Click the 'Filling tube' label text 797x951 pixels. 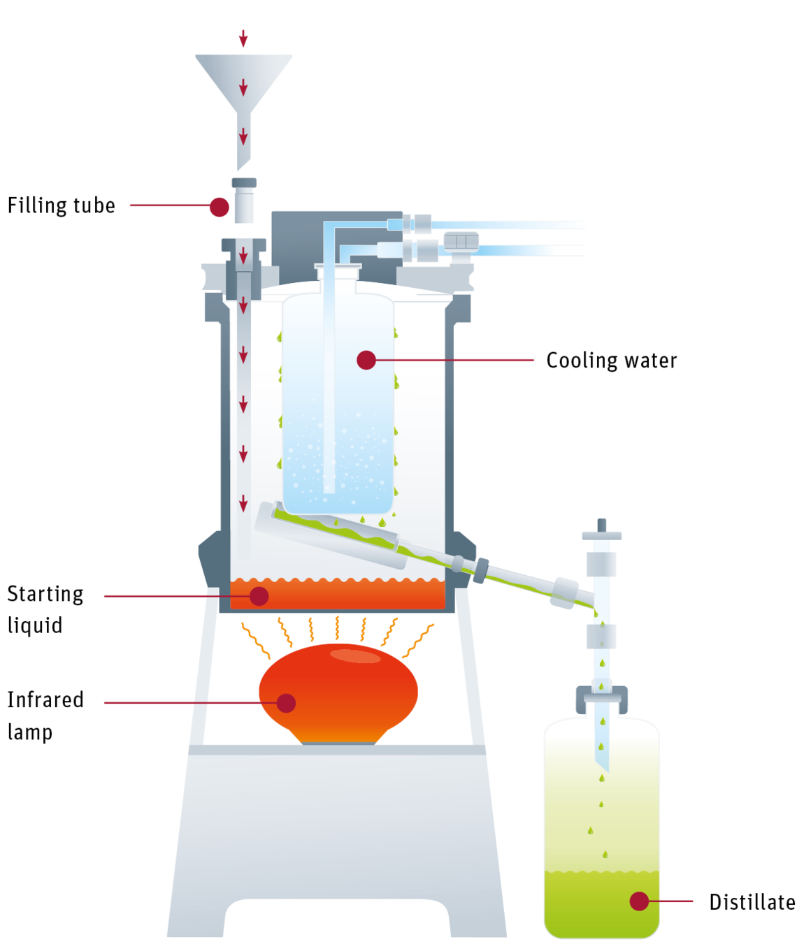tap(62, 205)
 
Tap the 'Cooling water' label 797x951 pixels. tap(612, 361)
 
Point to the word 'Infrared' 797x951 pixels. tap(45, 699)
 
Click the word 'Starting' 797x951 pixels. tap(45, 595)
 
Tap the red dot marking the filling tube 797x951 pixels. tap(220, 208)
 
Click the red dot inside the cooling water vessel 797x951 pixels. tap(366, 361)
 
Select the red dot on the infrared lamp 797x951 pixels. tap(286, 703)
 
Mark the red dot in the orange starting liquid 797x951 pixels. tap(259, 596)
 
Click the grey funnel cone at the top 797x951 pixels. tap(244, 84)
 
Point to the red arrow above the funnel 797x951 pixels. tap(243, 38)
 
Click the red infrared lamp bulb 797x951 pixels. tap(338, 694)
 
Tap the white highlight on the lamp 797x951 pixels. tap(355, 656)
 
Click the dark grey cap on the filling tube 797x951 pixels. tap(244, 182)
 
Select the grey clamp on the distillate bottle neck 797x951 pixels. tap(601, 699)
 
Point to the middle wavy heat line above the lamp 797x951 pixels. tap(337, 627)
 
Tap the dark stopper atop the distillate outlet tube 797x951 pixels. tap(601, 525)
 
